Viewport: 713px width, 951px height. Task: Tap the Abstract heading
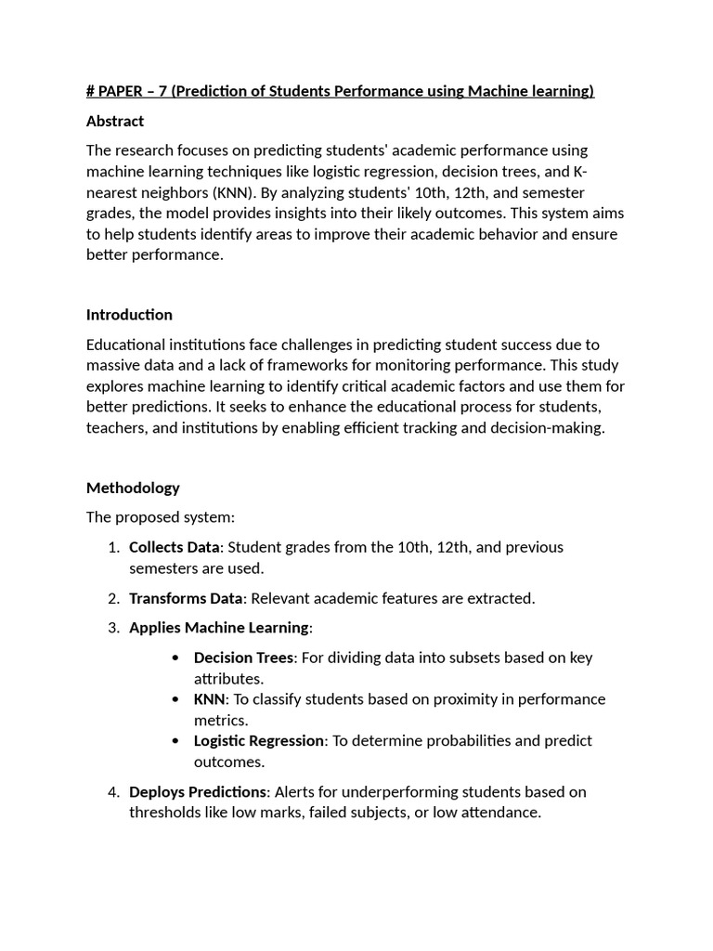click(115, 121)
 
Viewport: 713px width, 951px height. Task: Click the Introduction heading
click(129, 315)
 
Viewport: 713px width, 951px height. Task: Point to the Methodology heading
click(133, 488)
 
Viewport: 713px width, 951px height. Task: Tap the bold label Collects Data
click(175, 547)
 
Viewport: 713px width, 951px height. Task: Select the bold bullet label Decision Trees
click(243, 658)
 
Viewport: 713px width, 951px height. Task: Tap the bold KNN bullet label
click(211, 699)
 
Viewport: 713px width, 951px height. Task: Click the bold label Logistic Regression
click(259, 741)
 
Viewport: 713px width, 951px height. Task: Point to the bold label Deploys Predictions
click(198, 792)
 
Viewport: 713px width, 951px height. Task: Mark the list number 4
click(112, 792)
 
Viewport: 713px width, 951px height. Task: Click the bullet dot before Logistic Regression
click(176, 741)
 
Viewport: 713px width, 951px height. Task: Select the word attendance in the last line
click(500, 813)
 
